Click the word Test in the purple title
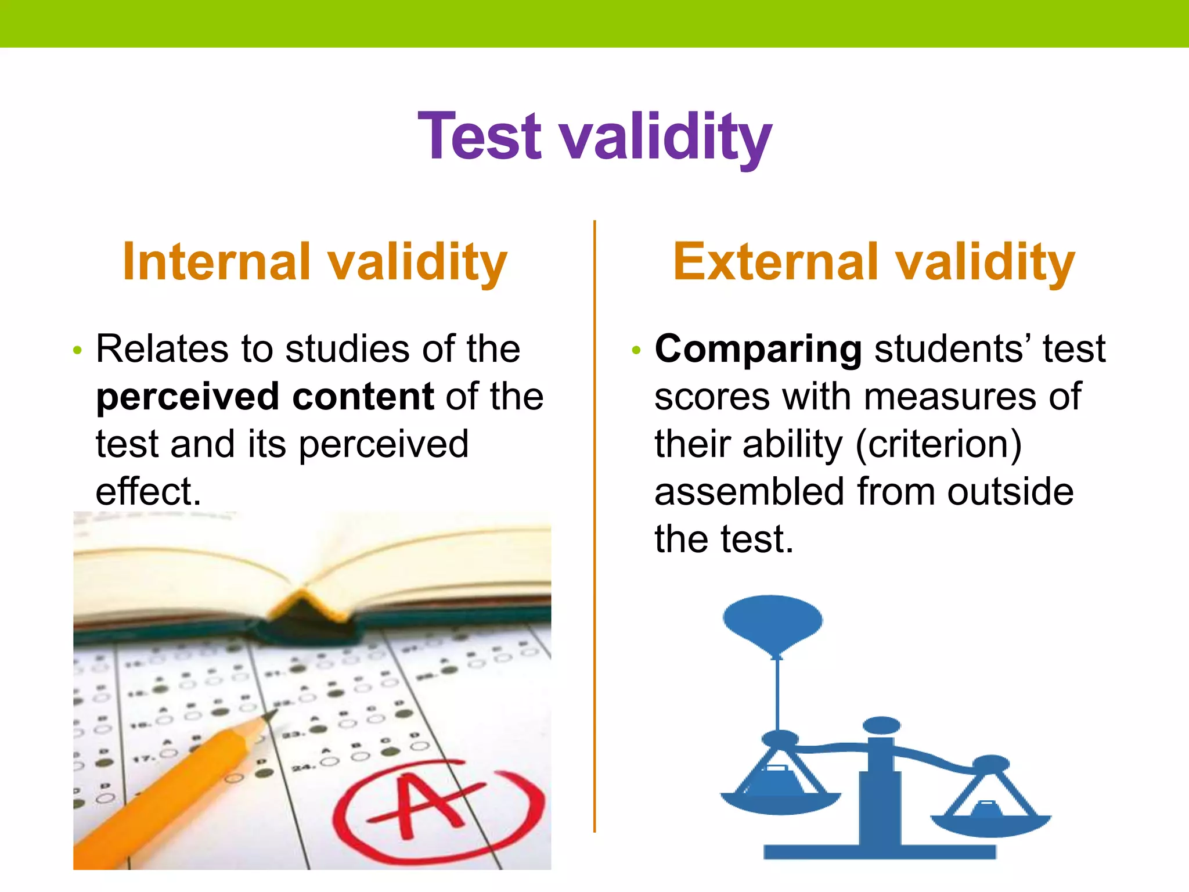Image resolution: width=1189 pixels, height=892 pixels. pos(480,136)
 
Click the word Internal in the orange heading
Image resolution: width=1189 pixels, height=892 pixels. pos(217,262)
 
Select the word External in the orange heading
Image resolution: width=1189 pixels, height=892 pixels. pos(776,262)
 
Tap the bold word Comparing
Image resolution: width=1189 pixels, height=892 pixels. pos(758,350)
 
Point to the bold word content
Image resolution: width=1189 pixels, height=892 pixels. pos(363,397)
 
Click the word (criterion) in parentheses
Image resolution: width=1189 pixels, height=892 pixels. pos(938,445)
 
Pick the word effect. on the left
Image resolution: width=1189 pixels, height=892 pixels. pos(148,492)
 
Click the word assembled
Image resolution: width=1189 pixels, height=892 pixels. pos(749,492)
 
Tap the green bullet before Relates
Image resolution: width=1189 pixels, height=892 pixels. pos(78,351)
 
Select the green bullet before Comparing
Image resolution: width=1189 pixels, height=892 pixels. pos(636,351)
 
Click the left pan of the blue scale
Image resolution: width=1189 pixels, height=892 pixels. pos(779,801)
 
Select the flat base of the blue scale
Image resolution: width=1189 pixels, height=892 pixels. pos(879,851)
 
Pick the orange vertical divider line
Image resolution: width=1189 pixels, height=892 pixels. pos(594,523)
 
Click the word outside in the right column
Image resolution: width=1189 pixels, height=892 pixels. pos(1010,492)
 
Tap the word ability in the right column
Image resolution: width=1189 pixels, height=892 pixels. pos(792,445)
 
